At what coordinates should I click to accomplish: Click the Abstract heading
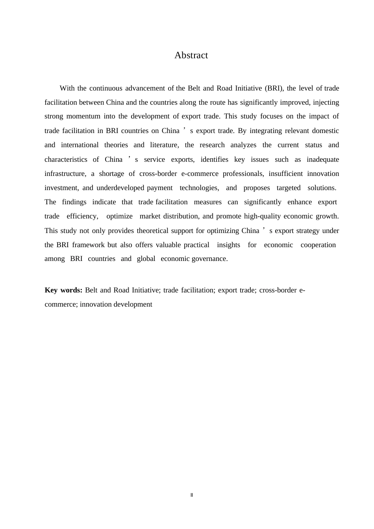191,55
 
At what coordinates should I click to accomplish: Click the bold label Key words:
63,290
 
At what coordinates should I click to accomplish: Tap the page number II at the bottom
192,495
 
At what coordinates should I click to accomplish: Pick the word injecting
326,102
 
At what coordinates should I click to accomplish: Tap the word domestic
325,131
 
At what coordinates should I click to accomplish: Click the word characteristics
66,159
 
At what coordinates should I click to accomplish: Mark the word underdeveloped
120,188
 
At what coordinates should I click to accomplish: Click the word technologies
199,188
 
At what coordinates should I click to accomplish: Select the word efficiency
82,216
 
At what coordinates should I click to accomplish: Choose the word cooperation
318,245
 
